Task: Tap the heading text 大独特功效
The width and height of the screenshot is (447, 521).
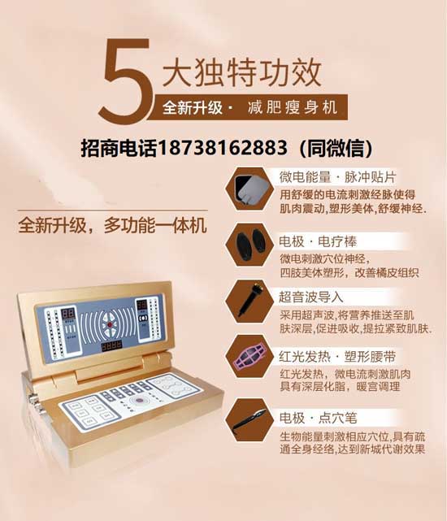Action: pos(242,72)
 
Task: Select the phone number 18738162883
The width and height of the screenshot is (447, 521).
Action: pos(223,148)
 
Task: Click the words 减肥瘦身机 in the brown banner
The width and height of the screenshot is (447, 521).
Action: pos(293,107)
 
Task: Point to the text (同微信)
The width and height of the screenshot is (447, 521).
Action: pos(336,148)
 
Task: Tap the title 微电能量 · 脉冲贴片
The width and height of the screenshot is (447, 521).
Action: pos(337,177)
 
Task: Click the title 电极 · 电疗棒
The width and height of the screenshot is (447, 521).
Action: pos(318,241)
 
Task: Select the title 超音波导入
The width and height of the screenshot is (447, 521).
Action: pos(310,297)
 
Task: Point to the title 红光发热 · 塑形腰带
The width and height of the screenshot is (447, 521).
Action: pos(337,357)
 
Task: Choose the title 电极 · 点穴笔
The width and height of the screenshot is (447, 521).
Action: pos(318,418)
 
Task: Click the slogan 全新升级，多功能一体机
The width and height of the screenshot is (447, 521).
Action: pos(113,226)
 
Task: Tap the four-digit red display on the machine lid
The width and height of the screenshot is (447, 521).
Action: pos(111,346)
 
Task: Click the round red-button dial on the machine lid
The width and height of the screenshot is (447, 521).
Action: pos(110,323)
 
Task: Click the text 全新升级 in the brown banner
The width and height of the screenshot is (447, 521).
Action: pos(193,107)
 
